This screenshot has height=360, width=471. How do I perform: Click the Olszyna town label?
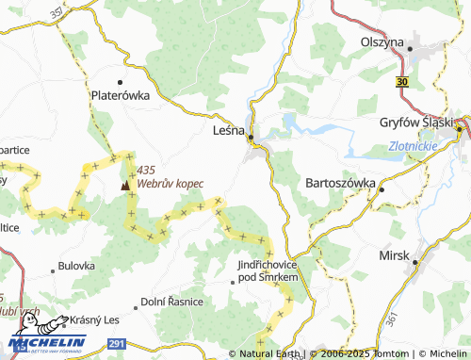pyautogui.click(x=382, y=42)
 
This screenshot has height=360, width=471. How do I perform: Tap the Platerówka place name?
pyautogui.click(x=120, y=94)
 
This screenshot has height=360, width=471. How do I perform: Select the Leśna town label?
pyautogui.click(x=230, y=133)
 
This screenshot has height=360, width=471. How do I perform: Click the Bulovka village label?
pyautogui.click(x=77, y=267)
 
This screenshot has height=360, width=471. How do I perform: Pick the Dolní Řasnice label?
pyautogui.click(x=171, y=301)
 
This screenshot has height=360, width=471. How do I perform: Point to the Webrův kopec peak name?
pyautogui.click(x=171, y=183)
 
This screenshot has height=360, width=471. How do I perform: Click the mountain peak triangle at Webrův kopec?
pyautogui.click(x=125, y=185)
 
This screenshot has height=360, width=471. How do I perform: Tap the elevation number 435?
pyautogui.click(x=145, y=170)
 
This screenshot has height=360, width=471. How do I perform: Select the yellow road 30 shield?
pyautogui.click(x=402, y=83)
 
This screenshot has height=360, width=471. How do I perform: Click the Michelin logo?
pyautogui.click(x=47, y=344)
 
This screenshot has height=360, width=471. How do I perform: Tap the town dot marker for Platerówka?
pyautogui.click(x=120, y=81)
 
